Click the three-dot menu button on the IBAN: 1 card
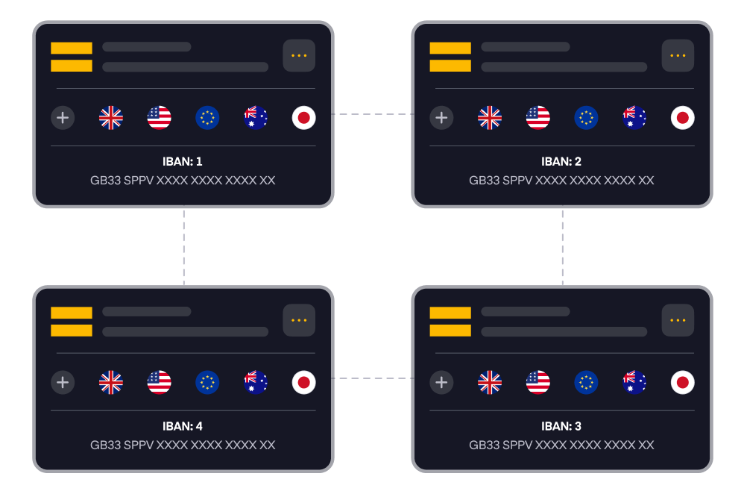pyautogui.click(x=299, y=56)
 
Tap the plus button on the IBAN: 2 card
pyautogui.click(x=441, y=118)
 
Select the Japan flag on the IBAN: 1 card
pyautogui.click(x=303, y=118)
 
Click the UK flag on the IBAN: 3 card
pyautogui.click(x=490, y=383)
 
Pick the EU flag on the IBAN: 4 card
pyautogui.click(x=207, y=383)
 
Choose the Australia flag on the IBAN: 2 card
pyautogui.click(x=634, y=118)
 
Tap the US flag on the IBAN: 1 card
pyautogui.click(x=160, y=118)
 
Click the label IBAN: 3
pyautogui.click(x=561, y=427)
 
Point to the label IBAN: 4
pyautogui.click(x=183, y=427)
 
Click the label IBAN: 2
pyautogui.click(x=561, y=161)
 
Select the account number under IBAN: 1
pyautogui.click(x=183, y=181)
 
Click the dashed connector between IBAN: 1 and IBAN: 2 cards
pyautogui.click(x=372, y=114)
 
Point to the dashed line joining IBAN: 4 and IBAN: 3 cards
pyautogui.click(x=372, y=378)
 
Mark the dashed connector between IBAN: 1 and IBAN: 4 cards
pyautogui.click(x=183, y=246)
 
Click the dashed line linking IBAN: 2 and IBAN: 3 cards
pyautogui.click(x=562, y=246)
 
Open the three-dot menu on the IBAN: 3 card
pyautogui.click(x=678, y=320)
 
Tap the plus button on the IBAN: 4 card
pyautogui.click(x=63, y=383)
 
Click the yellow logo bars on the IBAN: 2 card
pyautogui.click(x=450, y=57)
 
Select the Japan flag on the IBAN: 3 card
pyautogui.click(x=682, y=383)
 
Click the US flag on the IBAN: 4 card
pyautogui.click(x=160, y=383)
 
